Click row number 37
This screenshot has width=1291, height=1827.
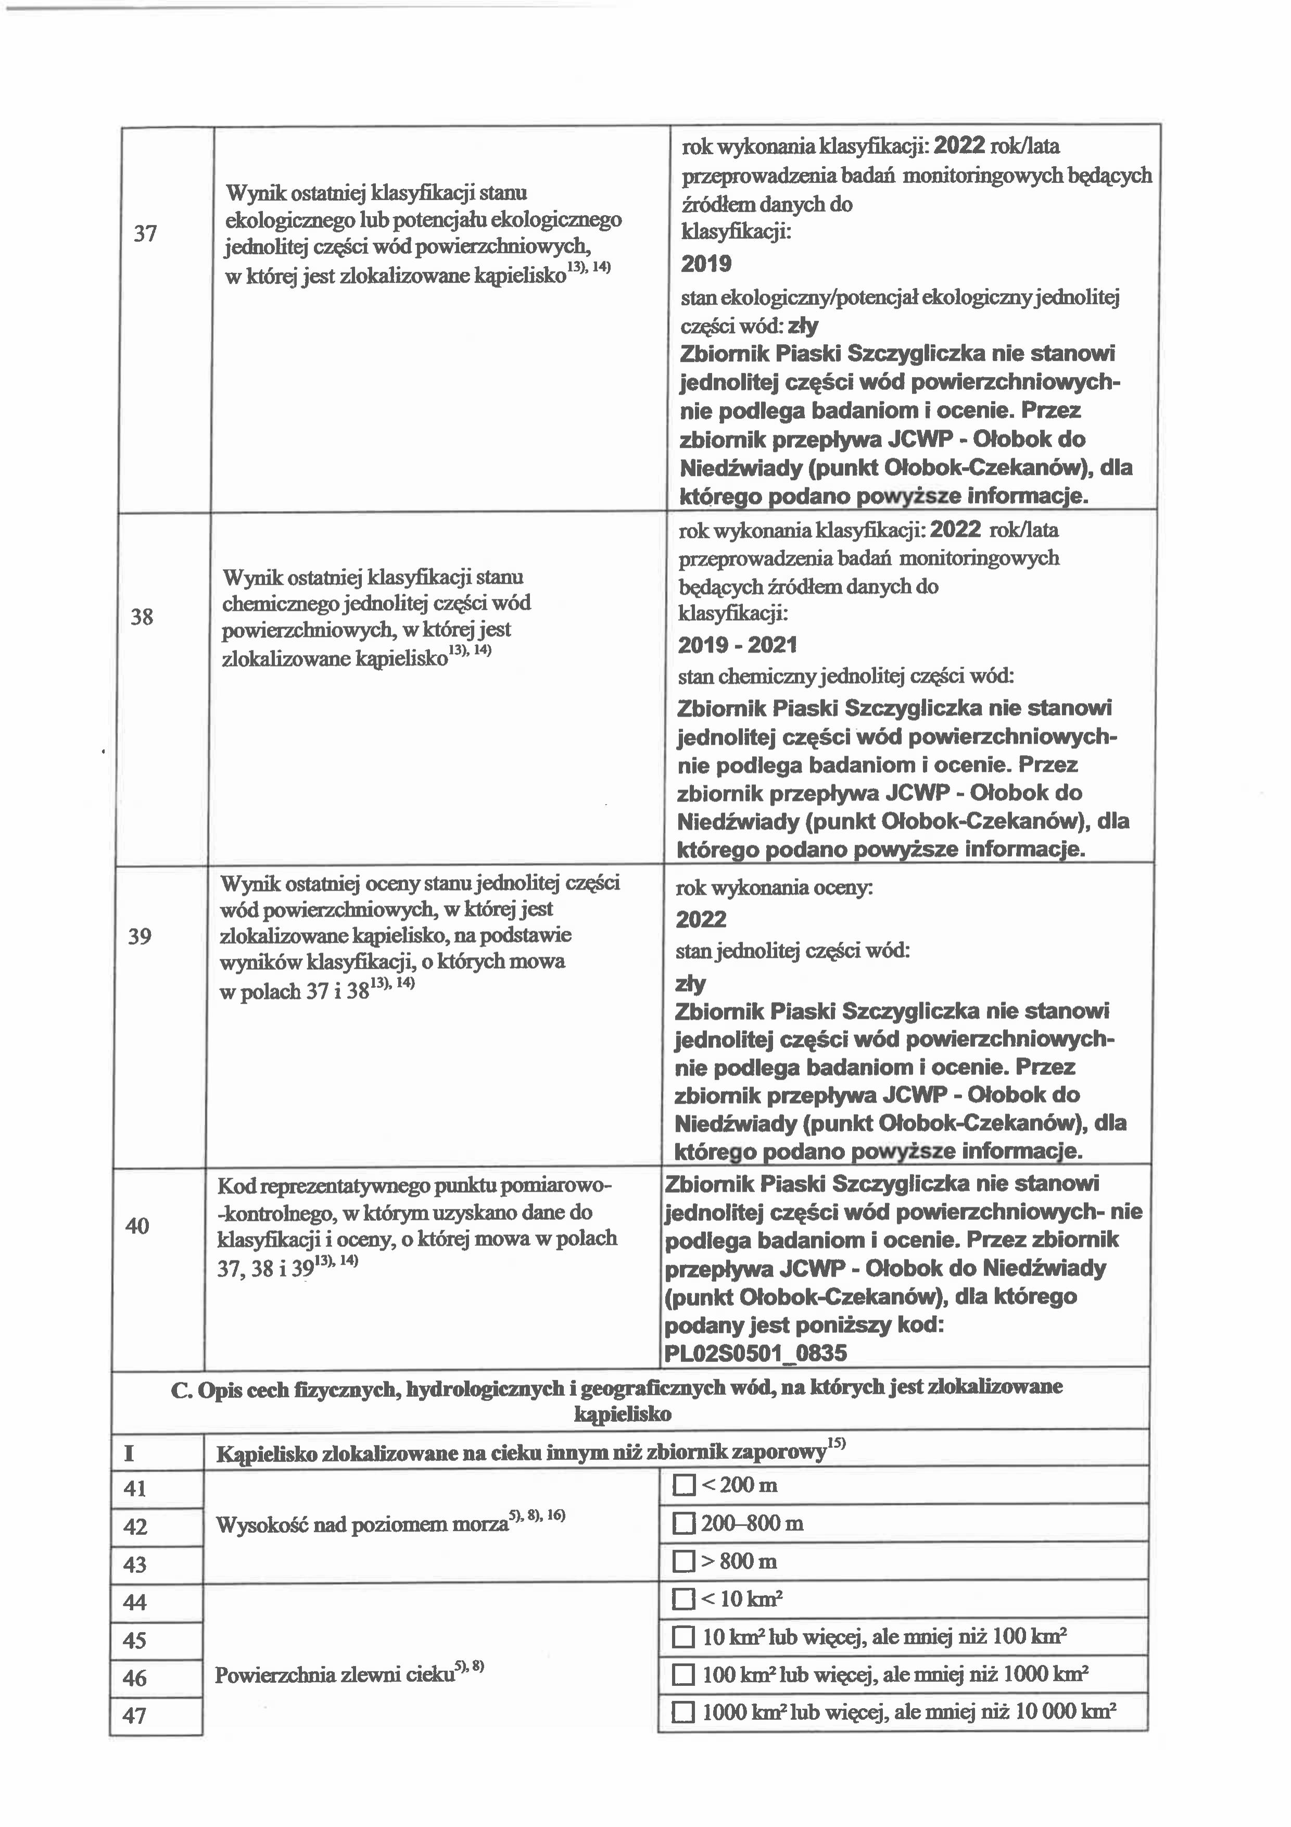tap(145, 234)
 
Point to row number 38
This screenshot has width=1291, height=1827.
tap(142, 617)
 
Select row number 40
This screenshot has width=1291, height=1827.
tap(137, 1226)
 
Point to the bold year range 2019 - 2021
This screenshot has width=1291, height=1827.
tap(737, 645)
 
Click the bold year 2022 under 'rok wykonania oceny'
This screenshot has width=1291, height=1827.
tap(701, 920)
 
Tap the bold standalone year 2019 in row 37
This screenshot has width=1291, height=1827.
tap(706, 264)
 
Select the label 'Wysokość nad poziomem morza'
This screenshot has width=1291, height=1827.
tap(362, 1525)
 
